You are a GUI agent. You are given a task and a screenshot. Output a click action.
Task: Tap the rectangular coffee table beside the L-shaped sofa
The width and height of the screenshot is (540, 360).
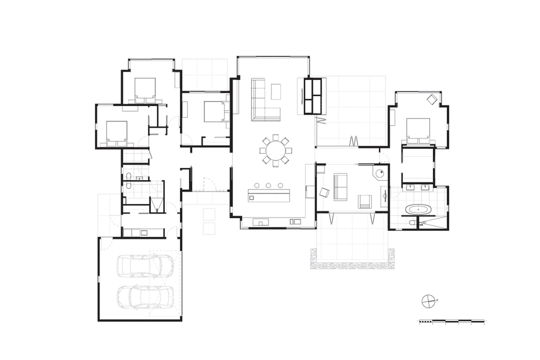pyautogui.click(x=275, y=91)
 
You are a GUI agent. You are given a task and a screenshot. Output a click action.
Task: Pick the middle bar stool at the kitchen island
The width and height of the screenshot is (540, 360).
pyautogui.click(x=268, y=185)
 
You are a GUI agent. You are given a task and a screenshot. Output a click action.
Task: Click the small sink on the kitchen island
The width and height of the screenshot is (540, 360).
pyautogui.click(x=252, y=196)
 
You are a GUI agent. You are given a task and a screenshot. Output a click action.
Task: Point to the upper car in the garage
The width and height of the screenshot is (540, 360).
pyautogui.click(x=145, y=265)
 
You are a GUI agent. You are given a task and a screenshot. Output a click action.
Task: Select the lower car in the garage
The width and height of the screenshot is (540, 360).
pyautogui.click(x=145, y=297)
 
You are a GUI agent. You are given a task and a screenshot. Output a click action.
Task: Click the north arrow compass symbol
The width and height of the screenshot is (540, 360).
pyautogui.click(x=428, y=301)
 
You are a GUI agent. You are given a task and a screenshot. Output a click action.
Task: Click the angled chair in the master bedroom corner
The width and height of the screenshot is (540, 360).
pyautogui.click(x=432, y=99)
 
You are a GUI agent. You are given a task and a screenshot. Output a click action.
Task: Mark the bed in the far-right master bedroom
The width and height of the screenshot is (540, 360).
pyautogui.click(x=418, y=130)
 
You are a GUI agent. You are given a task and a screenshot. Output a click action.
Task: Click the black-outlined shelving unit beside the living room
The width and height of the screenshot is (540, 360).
pyautogui.click(x=313, y=96)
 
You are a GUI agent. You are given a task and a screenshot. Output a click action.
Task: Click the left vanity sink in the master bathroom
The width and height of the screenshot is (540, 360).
pyautogui.click(x=410, y=187)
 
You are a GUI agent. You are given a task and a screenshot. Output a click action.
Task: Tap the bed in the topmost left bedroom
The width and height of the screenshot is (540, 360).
pyautogui.click(x=145, y=89)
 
